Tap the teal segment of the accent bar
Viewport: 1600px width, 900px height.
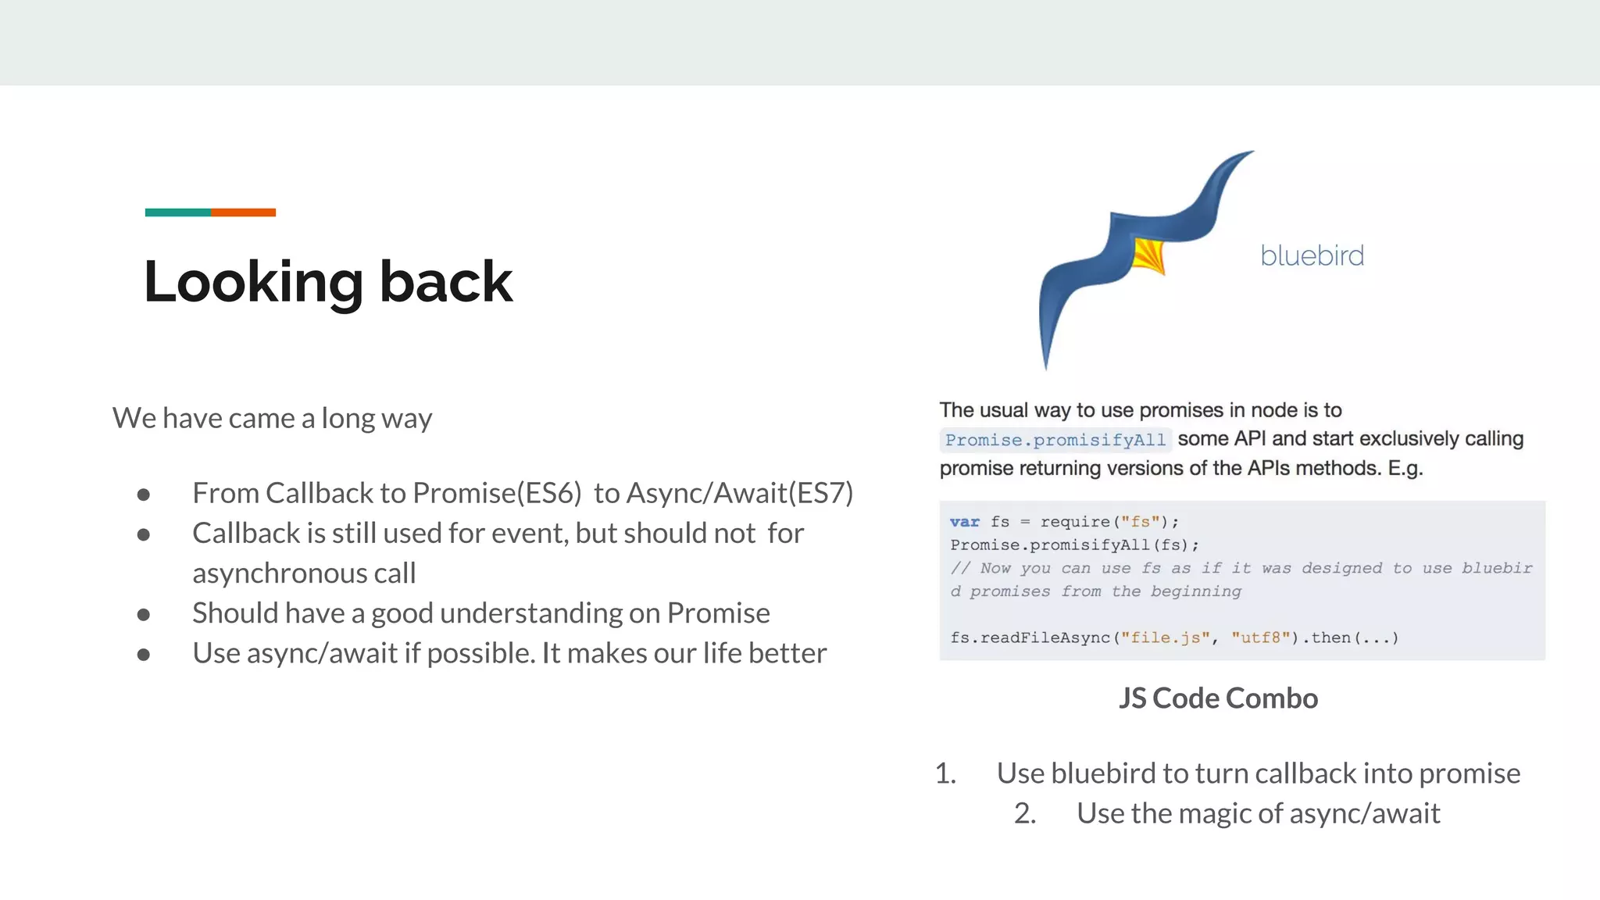click(177, 212)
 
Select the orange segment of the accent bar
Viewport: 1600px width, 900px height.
click(243, 212)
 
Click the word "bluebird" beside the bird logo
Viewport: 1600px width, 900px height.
click(1312, 255)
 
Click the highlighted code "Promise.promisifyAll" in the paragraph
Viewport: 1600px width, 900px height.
click(1055, 440)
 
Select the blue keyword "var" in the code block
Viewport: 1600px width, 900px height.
click(964, 522)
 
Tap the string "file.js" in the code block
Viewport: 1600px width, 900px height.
click(1165, 637)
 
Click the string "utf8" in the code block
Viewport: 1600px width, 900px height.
click(1260, 637)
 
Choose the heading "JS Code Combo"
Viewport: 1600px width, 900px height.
click(1218, 698)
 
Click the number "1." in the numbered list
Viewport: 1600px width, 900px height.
click(945, 773)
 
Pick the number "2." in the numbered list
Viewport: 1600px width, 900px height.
click(1025, 813)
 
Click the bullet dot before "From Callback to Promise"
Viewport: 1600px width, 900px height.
click(144, 495)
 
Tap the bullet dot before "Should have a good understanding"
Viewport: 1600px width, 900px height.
click(144, 615)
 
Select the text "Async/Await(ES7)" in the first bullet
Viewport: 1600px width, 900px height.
click(740, 493)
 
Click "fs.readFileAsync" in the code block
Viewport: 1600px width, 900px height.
click(1030, 637)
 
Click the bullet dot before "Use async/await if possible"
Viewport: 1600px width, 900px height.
click(144, 655)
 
